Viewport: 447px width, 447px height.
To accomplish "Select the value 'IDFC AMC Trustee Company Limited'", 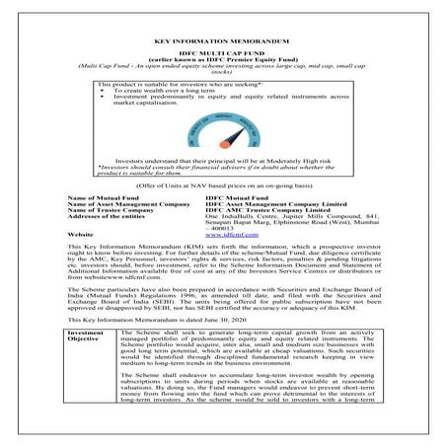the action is (265, 212).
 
